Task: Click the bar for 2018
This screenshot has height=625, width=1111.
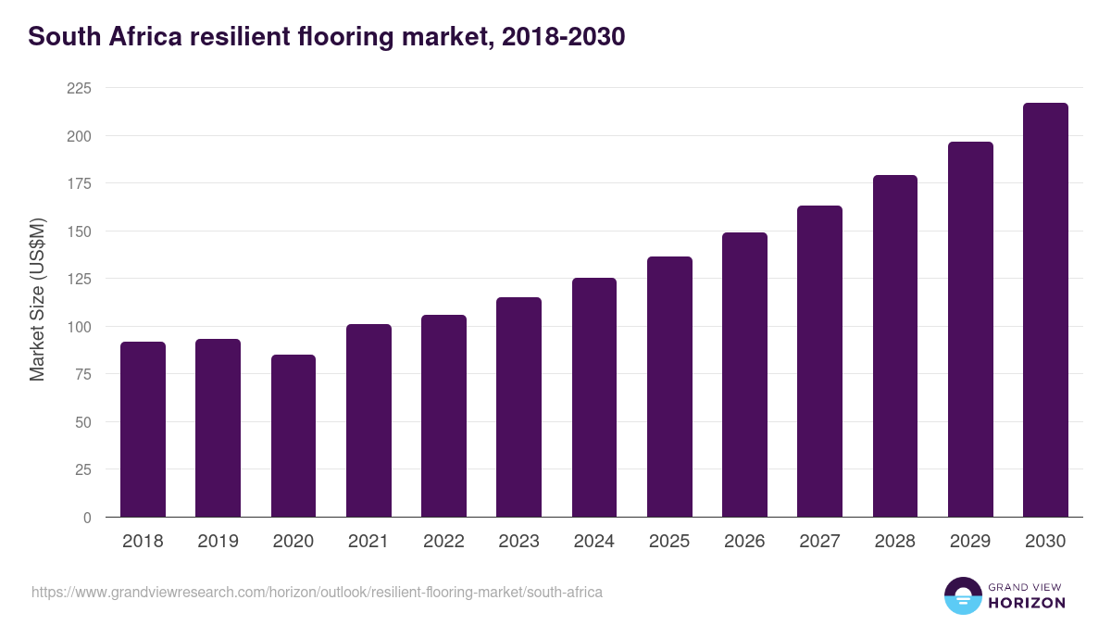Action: [x=143, y=430]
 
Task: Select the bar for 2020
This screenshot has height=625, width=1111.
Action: [x=293, y=436]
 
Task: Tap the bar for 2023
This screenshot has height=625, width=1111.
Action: [x=518, y=407]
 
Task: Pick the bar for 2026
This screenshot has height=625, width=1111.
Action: [x=744, y=375]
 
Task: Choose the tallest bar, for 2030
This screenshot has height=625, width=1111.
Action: [x=1045, y=310]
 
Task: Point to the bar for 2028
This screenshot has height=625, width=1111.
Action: [x=894, y=346]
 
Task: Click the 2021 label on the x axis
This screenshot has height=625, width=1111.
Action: [x=368, y=542]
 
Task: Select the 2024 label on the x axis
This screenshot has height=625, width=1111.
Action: [x=593, y=542]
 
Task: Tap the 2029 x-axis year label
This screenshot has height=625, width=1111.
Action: [x=969, y=542]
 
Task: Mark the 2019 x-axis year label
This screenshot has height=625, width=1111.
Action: [x=218, y=542]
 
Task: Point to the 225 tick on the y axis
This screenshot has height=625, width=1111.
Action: [x=79, y=88]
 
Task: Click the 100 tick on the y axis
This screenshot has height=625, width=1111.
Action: [x=79, y=327]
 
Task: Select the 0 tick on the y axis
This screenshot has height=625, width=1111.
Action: [x=87, y=518]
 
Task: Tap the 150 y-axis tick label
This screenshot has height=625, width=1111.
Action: [x=79, y=231]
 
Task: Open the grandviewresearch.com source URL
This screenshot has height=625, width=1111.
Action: [x=317, y=592]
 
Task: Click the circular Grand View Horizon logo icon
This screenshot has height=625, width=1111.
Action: [x=963, y=596]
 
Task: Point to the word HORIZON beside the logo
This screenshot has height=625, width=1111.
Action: [x=1026, y=603]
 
